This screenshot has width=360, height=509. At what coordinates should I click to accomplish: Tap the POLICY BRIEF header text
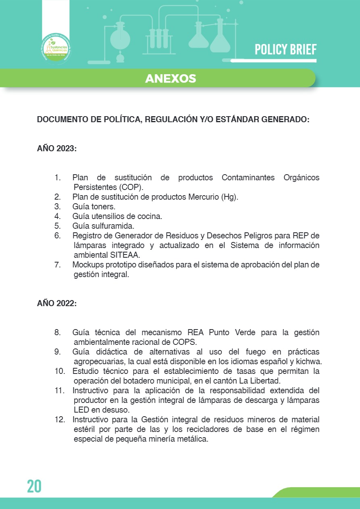tap(285, 50)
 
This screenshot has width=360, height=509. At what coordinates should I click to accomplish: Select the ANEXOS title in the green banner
tap(170, 78)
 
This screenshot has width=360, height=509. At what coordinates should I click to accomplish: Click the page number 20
tap(34, 486)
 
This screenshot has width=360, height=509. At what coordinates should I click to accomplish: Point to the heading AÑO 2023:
tap(57, 148)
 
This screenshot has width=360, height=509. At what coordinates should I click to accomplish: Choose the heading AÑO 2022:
tap(57, 303)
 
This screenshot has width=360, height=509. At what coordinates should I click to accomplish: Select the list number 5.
tap(57, 226)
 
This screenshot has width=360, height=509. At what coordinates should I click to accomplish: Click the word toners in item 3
tap(105, 207)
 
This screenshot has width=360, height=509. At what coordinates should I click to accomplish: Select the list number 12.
tap(60, 419)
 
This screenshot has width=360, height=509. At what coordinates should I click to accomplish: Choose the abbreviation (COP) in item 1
tap(132, 187)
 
